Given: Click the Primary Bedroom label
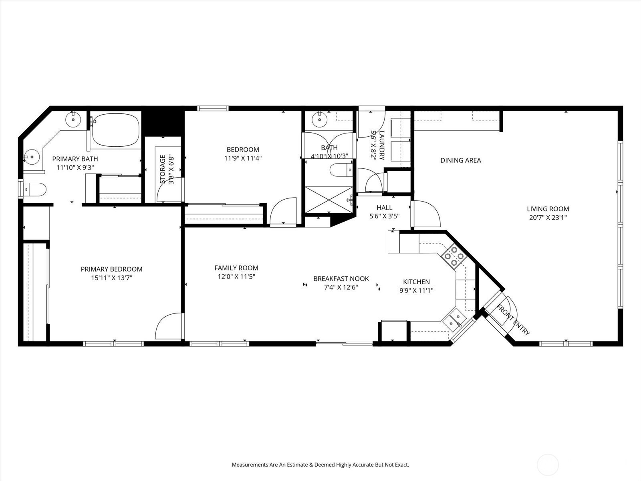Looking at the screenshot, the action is pos(111,269).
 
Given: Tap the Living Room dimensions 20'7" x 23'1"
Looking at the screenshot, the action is pos(548,218).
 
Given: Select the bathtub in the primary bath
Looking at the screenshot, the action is pos(115,130).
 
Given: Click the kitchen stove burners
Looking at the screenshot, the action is pos(454,256).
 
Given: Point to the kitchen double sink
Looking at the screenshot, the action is pos(455,320).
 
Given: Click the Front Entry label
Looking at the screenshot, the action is pos(513,320).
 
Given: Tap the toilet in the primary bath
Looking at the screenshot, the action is pos(34,190).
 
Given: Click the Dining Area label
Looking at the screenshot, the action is pos(461,160).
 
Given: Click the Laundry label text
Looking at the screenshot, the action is pos(382,145).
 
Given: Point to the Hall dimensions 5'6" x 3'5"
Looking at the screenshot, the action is pos(384,216).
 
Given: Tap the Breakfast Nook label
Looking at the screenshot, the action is pos(341,279).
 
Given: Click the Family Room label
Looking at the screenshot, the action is pos(236,268).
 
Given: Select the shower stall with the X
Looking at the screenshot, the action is pos(329,200).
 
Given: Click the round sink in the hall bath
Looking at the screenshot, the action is pos(319,119).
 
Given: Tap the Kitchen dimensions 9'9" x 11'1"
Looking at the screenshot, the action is pos(416,291).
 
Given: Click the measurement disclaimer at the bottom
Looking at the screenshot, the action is pos(320,465).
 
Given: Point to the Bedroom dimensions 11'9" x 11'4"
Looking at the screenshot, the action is pos(243,158).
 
